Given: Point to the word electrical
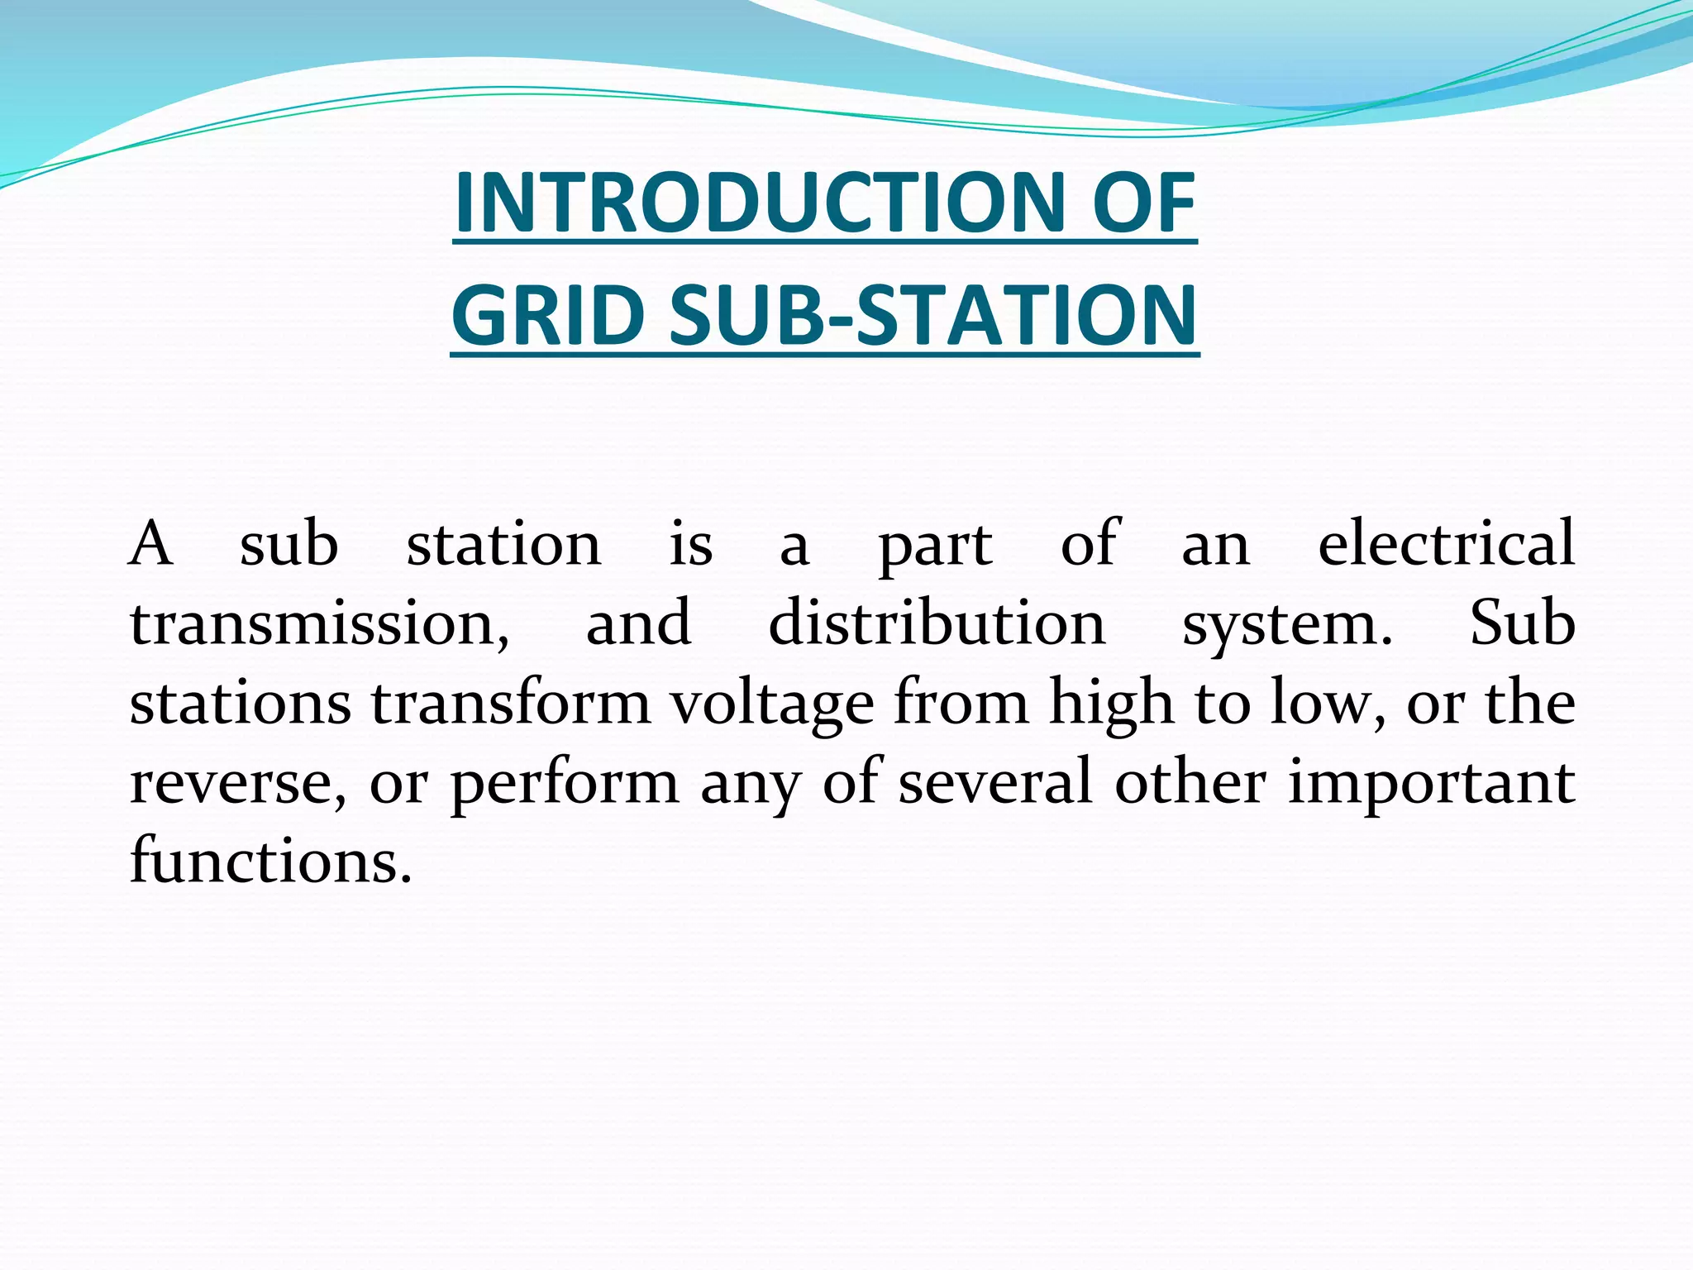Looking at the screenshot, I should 1446,543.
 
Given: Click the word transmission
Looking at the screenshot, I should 319,623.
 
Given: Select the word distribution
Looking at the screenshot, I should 937,623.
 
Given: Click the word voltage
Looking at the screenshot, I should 771,704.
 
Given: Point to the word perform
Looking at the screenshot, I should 564,783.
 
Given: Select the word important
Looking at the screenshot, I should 1431,783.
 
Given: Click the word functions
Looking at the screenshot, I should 270,861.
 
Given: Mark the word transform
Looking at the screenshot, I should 510,702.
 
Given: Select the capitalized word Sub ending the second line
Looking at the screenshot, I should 1522,623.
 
